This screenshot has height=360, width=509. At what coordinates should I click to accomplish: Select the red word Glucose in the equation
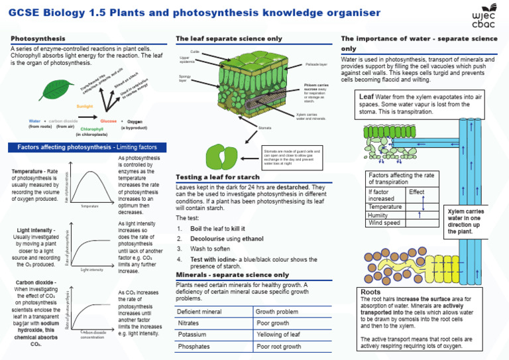(109, 121)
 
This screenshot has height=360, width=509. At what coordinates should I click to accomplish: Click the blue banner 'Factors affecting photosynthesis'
(82, 147)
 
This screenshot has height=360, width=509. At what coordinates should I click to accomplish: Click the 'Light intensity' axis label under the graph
(91, 270)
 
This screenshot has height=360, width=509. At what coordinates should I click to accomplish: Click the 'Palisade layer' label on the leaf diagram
(316, 64)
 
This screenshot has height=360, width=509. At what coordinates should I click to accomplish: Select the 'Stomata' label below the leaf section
(264, 127)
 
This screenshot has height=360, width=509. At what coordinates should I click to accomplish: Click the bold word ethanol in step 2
(234, 238)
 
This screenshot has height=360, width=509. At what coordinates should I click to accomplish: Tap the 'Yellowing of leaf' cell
(278, 335)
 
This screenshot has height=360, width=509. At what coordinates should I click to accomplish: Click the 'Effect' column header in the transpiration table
(417, 192)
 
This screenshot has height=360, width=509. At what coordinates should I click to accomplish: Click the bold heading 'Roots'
(370, 291)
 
